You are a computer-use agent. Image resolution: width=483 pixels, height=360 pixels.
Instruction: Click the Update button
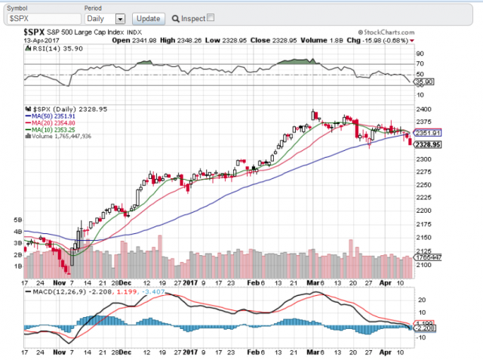click(148, 18)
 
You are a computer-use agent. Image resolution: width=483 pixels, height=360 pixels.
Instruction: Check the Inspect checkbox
click(211, 18)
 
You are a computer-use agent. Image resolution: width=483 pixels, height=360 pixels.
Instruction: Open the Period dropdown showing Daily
click(104, 18)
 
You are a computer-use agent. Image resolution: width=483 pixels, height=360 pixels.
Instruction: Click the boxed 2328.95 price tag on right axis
click(427, 144)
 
